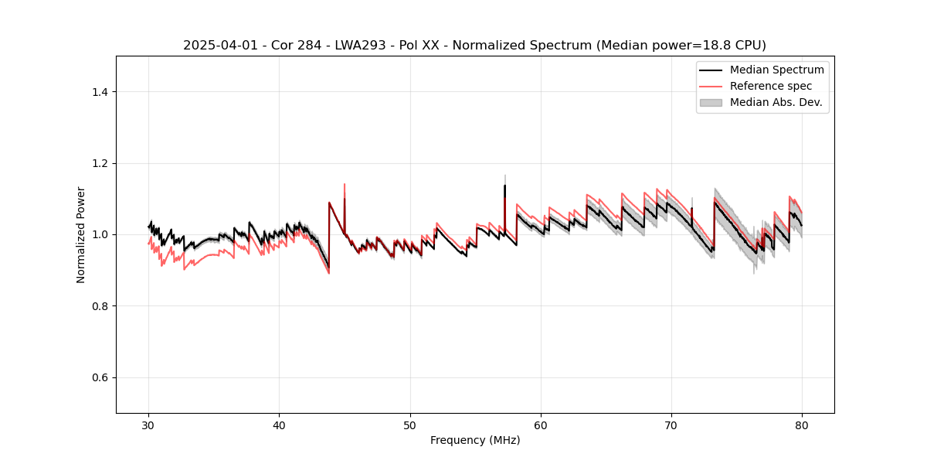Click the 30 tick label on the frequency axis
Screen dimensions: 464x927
pyautogui.click(x=148, y=425)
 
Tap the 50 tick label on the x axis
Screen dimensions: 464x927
pyautogui.click(x=410, y=425)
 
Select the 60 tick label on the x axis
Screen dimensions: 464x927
pyautogui.click(x=541, y=425)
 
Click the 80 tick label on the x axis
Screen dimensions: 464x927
pyautogui.click(x=802, y=425)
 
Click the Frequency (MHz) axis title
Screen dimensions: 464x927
pyautogui.click(x=475, y=440)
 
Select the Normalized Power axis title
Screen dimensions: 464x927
pyautogui.click(x=81, y=234)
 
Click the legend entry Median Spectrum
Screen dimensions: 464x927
pyautogui.click(x=776, y=70)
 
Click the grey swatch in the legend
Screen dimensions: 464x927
pyautogui.click(x=711, y=102)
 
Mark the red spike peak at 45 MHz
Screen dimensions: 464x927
pyautogui.click(x=345, y=184)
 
